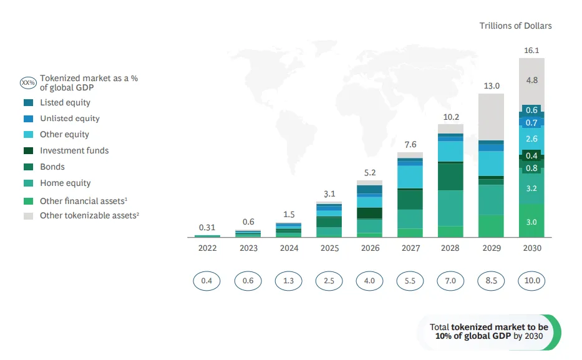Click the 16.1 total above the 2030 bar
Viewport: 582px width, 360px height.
pos(531,51)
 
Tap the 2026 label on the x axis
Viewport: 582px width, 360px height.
pos(370,248)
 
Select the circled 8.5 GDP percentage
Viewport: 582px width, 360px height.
pos(491,281)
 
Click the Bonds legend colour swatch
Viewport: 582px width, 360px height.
pos(28,167)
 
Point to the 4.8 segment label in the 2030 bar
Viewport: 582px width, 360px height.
pos(532,80)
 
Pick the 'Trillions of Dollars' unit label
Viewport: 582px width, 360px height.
pos(515,26)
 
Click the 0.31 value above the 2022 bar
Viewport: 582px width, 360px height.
pos(206,228)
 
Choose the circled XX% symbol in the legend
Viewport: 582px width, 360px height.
pos(28,83)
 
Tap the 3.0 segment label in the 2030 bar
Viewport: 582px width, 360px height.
pos(531,222)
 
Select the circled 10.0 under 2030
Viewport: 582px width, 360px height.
pos(532,281)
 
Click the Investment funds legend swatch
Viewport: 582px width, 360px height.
pos(28,151)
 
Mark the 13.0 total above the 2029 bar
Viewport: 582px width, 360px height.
pos(492,86)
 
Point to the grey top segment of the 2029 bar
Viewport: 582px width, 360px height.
pos(491,117)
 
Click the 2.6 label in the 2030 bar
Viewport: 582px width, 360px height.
pos(531,139)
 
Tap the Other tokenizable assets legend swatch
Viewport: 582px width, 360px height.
pos(28,216)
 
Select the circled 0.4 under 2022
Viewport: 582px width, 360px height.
pos(206,281)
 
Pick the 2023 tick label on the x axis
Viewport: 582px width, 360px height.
pos(248,248)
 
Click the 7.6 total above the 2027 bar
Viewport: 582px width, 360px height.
pos(410,144)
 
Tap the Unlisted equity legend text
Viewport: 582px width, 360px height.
pos(70,119)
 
